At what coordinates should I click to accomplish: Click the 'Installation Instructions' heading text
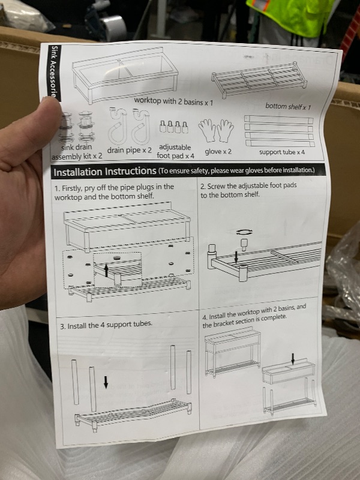click(x=104, y=172)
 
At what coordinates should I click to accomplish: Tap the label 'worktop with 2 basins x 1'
click(x=173, y=101)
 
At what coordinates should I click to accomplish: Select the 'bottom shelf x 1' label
click(x=288, y=107)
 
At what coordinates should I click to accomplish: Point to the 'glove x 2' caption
click(x=218, y=152)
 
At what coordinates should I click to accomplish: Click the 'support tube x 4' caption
click(x=282, y=152)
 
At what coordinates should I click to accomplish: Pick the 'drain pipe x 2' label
click(x=129, y=151)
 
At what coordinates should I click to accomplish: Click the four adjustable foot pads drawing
click(x=174, y=127)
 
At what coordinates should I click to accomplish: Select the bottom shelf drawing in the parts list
click(x=259, y=80)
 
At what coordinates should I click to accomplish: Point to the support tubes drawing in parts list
click(x=279, y=131)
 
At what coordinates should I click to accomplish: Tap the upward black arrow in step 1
click(x=106, y=271)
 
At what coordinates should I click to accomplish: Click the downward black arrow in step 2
click(x=236, y=257)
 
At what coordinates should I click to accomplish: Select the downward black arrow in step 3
click(x=106, y=382)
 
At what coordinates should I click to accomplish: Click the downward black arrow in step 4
click(x=293, y=359)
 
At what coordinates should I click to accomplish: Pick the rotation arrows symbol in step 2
click(x=245, y=232)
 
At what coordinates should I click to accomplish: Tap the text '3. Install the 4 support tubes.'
click(x=106, y=325)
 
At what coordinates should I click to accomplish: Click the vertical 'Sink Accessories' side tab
click(x=54, y=72)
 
